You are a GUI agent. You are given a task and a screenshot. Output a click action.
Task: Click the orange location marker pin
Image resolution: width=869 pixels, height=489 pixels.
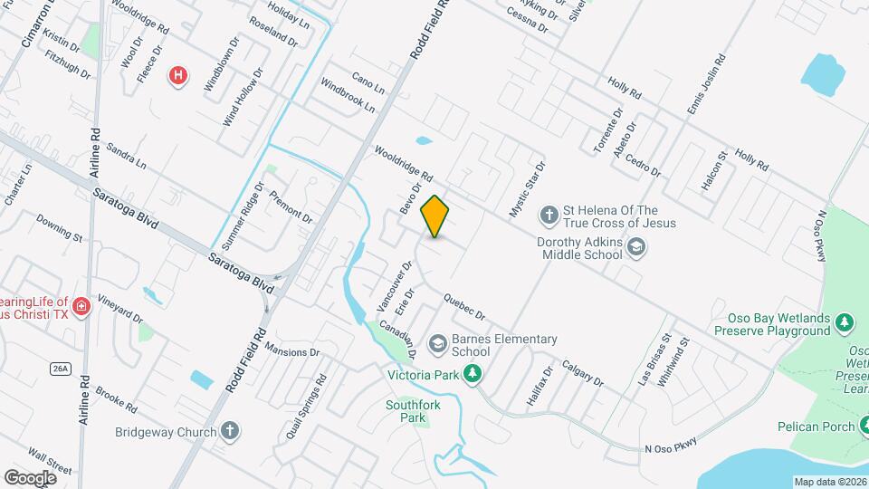435,216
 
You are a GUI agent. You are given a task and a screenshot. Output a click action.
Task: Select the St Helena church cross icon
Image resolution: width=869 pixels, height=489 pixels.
549,216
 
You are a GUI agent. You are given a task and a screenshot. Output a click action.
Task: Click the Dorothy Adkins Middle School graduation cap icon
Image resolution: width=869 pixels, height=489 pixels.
636,247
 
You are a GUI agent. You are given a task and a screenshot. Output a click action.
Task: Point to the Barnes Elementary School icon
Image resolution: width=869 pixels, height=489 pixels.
438,343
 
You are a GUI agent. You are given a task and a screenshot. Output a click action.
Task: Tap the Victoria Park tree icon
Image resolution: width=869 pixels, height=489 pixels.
472,373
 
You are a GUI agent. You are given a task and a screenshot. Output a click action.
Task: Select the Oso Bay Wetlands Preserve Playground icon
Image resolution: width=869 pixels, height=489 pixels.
845,323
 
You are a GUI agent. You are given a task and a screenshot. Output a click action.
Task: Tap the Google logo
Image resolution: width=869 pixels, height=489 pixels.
31,477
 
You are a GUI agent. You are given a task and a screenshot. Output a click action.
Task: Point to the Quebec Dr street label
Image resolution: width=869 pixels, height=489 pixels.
465,307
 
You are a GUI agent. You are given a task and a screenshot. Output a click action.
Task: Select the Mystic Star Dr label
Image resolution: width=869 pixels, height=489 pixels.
528,189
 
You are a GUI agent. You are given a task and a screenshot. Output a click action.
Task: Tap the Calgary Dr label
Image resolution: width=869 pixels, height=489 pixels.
581,371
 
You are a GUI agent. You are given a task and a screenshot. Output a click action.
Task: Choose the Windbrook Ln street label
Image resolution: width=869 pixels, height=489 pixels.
349,94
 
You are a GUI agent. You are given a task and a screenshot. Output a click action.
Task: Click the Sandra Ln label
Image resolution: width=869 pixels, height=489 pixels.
126,156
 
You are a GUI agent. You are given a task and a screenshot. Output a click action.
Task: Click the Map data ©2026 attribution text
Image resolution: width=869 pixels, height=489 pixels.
830,482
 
